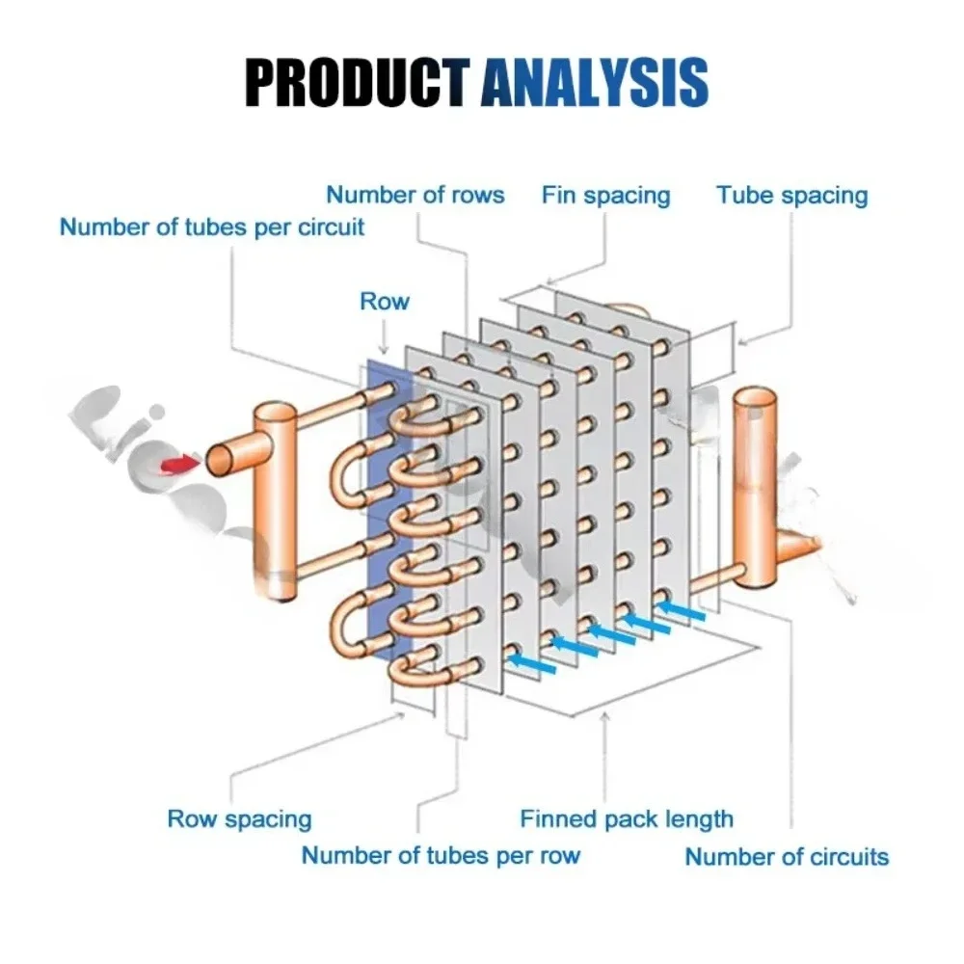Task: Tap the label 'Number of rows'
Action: click(x=415, y=195)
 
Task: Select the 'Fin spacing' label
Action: click(x=605, y=195)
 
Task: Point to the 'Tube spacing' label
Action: click(x=791, y=195)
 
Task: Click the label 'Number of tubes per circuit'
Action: click(x=212, y=228)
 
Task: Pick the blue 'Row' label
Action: click(x=385, y=301)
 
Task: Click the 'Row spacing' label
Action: click(x=239, y=819)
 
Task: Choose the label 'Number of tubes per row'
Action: click(x=441, y=855)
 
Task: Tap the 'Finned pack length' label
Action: click(x=627, y=819)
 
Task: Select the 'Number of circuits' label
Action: click(x=787, y=856)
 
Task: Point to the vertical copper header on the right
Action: click(x=758, y=482)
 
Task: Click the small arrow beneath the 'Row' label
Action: click(x=385, y=337)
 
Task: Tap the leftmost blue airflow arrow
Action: click(x=528, y=661)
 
